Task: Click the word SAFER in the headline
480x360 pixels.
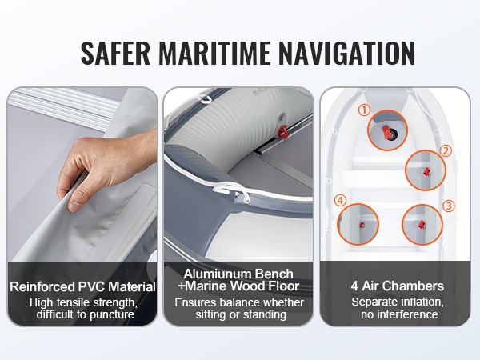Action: [x=115, y=53]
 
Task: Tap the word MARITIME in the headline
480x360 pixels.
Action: [x=214, y=53]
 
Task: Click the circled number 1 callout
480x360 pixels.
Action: [x=364, y=110]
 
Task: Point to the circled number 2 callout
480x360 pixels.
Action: [x=446, y=150]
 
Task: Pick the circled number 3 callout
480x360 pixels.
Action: [x=449, y=206]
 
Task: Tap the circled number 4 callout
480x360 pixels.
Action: [x=341, y=201]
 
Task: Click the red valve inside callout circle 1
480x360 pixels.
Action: [x=386, y=133]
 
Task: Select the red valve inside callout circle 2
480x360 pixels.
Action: [x=426, y=172]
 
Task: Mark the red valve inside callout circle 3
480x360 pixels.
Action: [x=422, y=225]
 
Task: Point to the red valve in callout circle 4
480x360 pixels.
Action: [x=362, y=226]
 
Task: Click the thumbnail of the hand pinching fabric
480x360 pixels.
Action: [x=82, y=174]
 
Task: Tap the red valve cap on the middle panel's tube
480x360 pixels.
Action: [x=282, y=131]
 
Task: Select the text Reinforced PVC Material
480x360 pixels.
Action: [x=82, y=287]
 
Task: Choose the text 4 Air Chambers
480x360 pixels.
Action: [x=398, y=286]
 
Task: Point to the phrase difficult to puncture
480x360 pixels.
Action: [x=85, y=314]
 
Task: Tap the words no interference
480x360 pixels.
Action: [x=399, y=314]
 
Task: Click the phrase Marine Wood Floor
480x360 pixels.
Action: [x=242, y=286]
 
